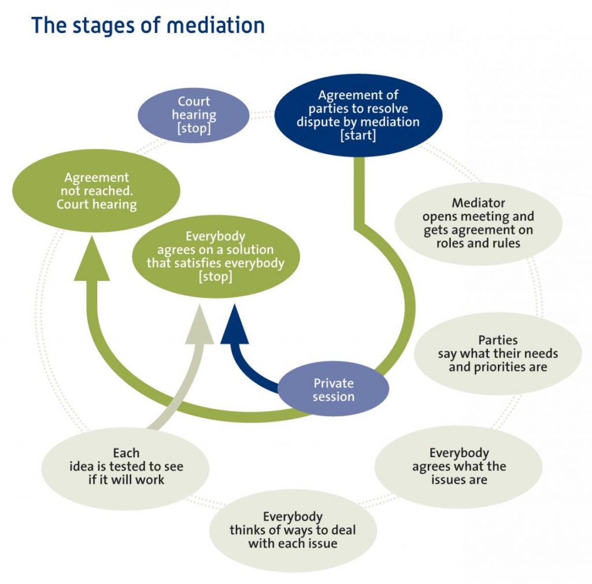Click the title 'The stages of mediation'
[148, 25]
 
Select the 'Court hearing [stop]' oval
[194, 115]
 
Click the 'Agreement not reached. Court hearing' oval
[97, 191]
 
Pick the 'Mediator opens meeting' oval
[478, 223]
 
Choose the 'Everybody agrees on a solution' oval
[216, 256]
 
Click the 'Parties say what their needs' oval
[498, 353]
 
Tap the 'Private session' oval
[333, 390]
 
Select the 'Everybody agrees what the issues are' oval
[458, 467]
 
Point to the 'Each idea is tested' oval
[126, 467]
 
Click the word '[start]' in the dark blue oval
[358, 135]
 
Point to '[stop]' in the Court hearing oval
[194, 128]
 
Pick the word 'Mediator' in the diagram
[478, 203]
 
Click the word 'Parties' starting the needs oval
[498, 340]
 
